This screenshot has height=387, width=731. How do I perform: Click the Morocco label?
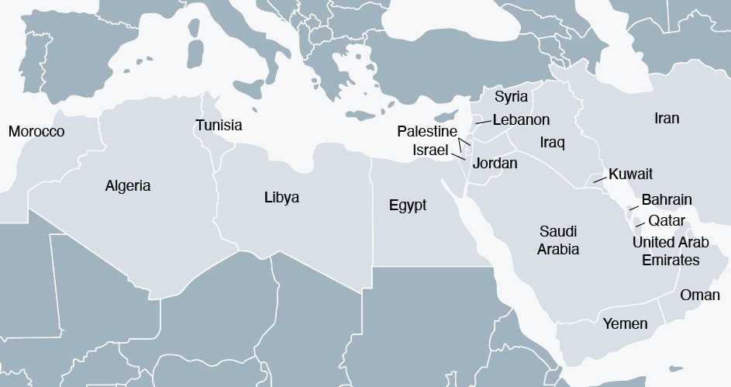(36, 132)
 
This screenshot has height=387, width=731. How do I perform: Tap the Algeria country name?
(128, 186)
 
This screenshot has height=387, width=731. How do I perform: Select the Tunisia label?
(219, 125)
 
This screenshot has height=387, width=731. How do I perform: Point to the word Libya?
(281, 198)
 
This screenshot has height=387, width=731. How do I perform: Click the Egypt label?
(408, 206)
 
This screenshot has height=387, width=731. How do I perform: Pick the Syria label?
(511, 97)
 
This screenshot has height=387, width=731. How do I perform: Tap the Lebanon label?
(521, 119)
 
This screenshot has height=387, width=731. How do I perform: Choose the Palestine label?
(427, 132)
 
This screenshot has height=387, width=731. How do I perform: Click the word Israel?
(431, 148)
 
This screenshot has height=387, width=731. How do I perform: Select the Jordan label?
(495, 164)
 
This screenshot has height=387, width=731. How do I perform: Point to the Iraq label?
(553, 143)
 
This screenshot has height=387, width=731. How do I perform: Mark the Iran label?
(667, 119)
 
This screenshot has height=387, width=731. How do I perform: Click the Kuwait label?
(631, 174)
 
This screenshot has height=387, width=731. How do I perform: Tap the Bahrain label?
(667, 200)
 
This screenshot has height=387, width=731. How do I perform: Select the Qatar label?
(667, 221)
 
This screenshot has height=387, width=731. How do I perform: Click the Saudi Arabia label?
(559, 240)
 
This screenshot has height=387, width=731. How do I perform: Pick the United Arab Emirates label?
(671, 251)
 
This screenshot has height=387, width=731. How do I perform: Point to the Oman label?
(700, 295)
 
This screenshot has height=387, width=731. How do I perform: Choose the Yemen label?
(625, 323)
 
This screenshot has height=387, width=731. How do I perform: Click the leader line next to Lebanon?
(483, 122)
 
